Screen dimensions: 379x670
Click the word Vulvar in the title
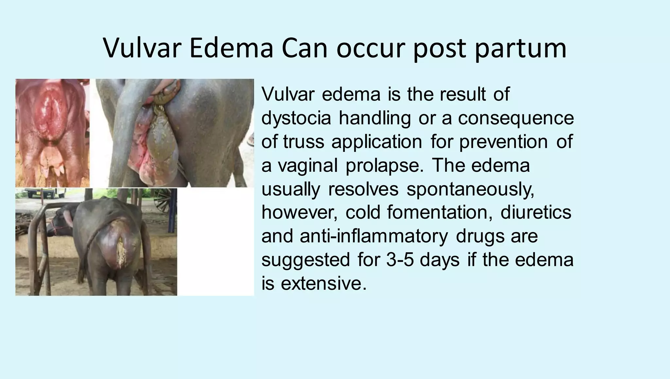coord(142,48)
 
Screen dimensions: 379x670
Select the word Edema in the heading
coord(231,48)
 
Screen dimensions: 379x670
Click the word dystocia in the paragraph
coord(296,118)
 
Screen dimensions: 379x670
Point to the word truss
coord(304,142)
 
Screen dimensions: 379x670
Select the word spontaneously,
coord(470,189)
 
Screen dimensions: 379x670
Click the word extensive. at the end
coord(324,283)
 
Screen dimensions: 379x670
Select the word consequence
coord(516,118)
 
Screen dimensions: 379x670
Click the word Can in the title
coord(305,48)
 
